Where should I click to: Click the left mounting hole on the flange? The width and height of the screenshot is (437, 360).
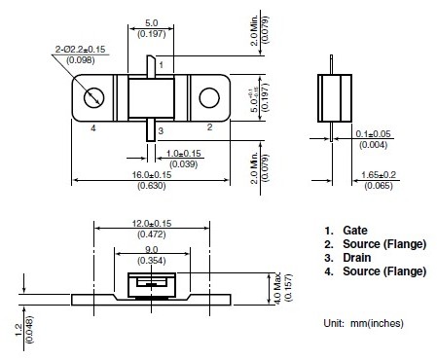[x=93, y=97]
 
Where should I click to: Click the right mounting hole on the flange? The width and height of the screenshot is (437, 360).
[x=209, y=97]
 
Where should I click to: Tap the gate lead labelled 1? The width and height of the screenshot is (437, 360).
[x=151, y=66]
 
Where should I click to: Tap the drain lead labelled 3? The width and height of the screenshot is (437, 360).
[x=151, y=130]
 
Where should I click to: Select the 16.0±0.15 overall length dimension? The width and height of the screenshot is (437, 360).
[x=152, y=175]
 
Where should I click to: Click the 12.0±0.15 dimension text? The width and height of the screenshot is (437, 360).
[x=152, y=224]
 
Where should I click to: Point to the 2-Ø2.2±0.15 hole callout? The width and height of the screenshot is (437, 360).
[x=80, y=50]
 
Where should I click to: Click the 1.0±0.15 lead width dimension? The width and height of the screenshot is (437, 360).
[x=184, y=153]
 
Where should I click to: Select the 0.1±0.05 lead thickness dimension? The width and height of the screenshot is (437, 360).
[x=373, y=133]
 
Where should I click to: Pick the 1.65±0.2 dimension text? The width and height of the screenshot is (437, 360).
[x=379, y=175]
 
